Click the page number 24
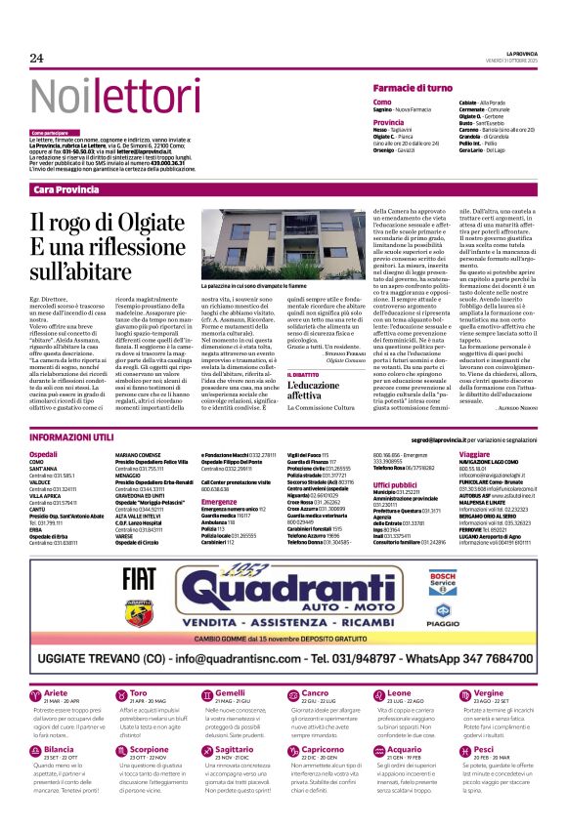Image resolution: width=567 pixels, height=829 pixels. click(37, 60)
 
